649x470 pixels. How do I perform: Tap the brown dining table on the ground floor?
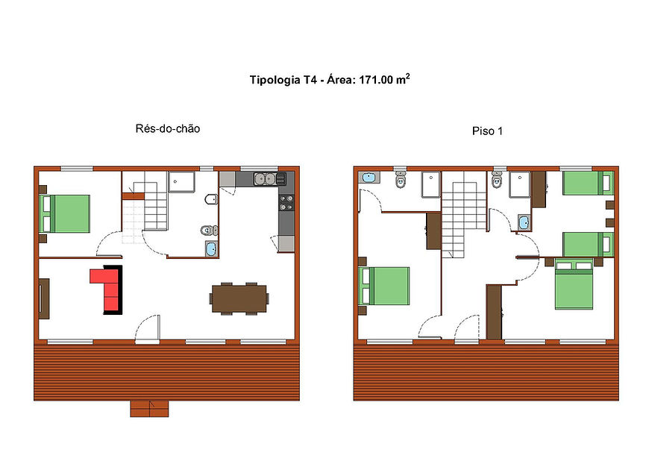(x=239, y=298)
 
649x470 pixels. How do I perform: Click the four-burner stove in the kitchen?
(x=286, y=202)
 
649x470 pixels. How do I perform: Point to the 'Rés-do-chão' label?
(x=168, y=129)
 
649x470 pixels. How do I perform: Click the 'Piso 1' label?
(x=487, y=131)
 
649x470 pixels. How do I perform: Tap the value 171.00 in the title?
(x=376, y=80)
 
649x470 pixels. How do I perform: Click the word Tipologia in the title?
(x=274, y=80)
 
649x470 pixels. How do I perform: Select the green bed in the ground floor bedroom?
(x=65, y=213)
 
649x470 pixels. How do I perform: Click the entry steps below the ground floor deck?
(x=149, y=409)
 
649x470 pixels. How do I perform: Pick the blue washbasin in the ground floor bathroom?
(x=212, y=249)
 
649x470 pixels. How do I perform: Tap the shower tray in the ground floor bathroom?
(x=181, y=182)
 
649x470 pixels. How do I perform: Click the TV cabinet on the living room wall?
(x=44, y=298)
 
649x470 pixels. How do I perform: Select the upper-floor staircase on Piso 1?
(x=463, y=215)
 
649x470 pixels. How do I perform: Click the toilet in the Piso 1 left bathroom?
(x=401, y=179)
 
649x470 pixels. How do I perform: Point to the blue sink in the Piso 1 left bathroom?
(x=369, y=178)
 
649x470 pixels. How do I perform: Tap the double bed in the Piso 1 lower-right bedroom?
(x=574, y=284)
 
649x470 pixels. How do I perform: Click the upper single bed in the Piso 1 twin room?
(x=588, y=183)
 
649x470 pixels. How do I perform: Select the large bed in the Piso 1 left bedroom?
(x=384, y=286)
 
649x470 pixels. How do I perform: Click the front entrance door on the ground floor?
(x=148, y=330)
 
